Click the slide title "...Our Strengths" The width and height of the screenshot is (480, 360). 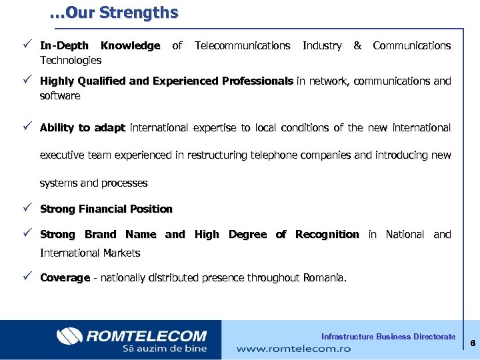click(x=113, y=13)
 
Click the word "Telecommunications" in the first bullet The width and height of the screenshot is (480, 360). click(x=242, y=46)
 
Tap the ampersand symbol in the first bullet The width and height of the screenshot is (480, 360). click(x=357, y=46)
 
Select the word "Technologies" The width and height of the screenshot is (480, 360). click(x=71, y=61)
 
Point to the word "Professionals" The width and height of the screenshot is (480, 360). click(x=257, y=81)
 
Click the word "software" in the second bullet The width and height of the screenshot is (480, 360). click(x=60, y=96)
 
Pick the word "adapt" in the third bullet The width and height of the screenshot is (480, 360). click(x=109, y=127)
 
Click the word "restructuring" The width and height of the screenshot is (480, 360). click(x=219, y=155)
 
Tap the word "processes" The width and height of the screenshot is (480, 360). click(x=125, y=183)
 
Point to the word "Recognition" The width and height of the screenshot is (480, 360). click(x=327, y=235)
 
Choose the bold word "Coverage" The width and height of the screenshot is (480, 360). click(x=65, y=278)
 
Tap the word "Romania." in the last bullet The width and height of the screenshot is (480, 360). click(x=325, y=278)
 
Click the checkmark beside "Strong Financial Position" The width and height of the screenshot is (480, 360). click(x=26, y=209)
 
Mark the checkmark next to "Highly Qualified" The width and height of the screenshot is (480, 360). click(x=26, y=81)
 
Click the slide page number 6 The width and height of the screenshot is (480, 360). click(x=471, y=343)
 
